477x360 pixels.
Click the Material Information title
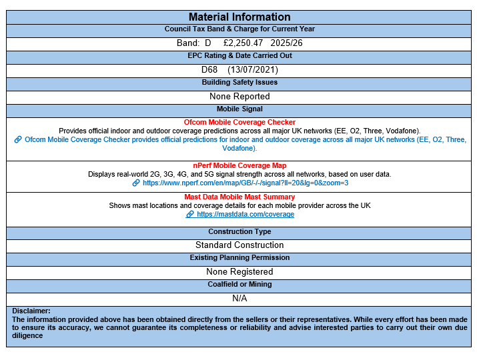240,17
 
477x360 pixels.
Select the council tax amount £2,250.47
244,43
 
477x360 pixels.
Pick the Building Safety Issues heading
240,83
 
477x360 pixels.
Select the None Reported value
240,96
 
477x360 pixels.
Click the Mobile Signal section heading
240,109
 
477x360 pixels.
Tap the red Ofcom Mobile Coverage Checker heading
240,122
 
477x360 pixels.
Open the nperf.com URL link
246,183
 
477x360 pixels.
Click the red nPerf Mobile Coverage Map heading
240,165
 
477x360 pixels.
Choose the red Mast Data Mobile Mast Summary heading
240,197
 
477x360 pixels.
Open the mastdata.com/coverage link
246,215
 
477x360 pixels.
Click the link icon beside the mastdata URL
190,215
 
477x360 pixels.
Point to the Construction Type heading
240,232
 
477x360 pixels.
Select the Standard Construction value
240,245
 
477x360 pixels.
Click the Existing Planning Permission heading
240,257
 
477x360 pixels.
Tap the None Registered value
240,271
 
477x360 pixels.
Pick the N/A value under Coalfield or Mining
240,298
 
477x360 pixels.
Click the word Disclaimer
31,311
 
